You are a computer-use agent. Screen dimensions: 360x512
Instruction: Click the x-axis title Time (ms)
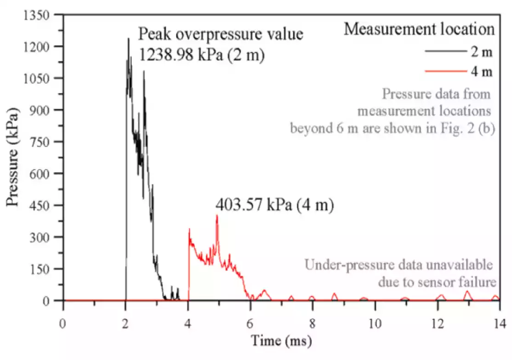(281, 341)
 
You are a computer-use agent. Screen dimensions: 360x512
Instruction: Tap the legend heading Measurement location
(419, 29)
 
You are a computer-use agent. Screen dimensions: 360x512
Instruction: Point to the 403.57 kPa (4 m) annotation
(274, 205)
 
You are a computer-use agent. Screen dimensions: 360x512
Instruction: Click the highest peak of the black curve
(129, 39)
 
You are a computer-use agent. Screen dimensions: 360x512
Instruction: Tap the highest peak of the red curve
(217, 216)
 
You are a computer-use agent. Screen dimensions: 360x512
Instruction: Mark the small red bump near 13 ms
(467, 292)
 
